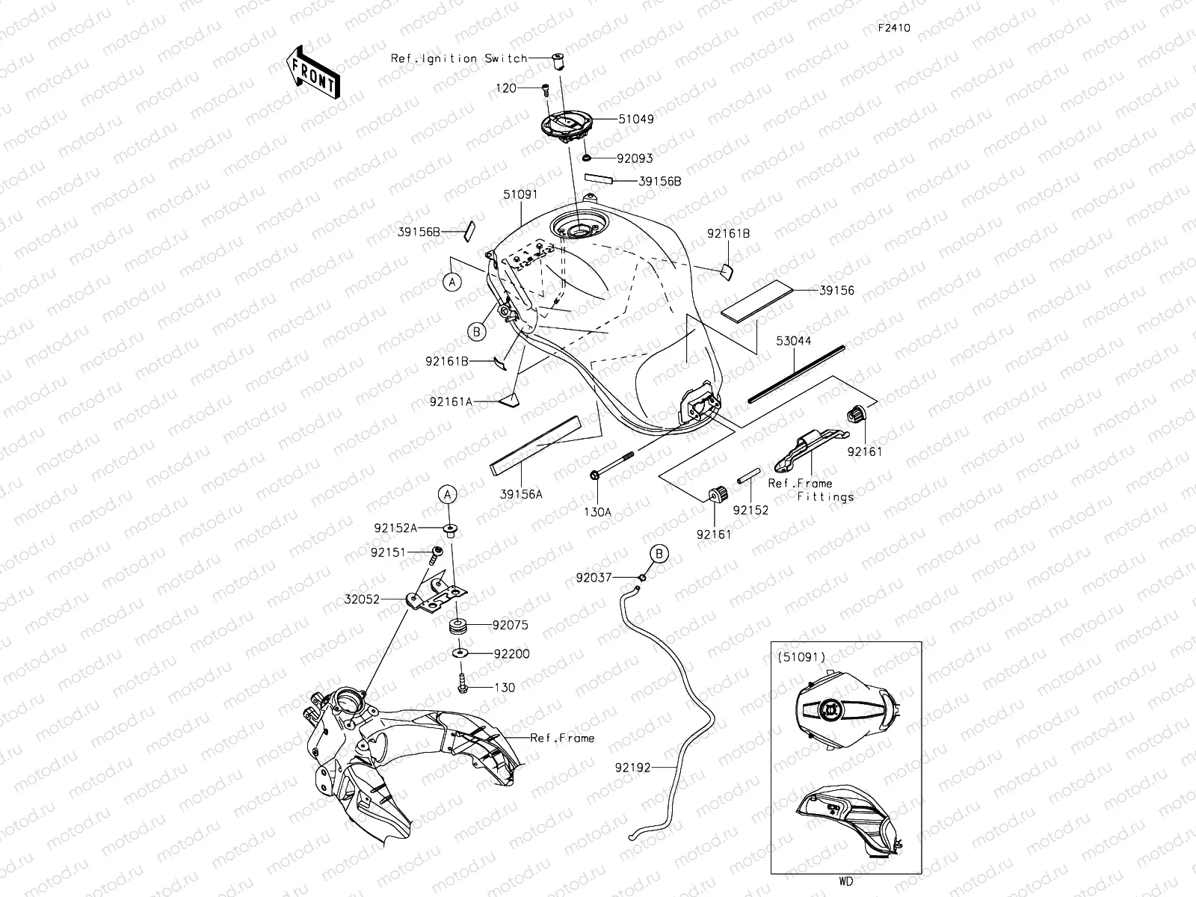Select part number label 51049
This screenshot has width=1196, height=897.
pyautogui.click(x=636, y=119)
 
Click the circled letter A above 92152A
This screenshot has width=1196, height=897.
pyautogui.click(x=447, y=494)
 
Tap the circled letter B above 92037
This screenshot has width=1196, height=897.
pyautogui.click(x=659, y=553)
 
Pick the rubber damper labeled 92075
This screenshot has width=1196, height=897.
pyautogui.click(x=457, y=626)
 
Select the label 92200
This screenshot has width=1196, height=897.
pyautogui.click(x=511, y=654)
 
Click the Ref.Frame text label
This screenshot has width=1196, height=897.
pyautogui.click(x=562, y=738)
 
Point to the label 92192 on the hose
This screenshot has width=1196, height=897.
pyautogui.click(x=634, y=767)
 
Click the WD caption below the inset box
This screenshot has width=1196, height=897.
pyautogui.click(x=845, y=881)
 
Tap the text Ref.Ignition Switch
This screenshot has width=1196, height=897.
pyautogui.click(x=459, y=58)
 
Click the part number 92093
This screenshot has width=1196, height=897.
pyautogui.click(x=635, y=158)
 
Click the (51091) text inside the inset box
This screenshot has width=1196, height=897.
pyautogui.click(x=801, y=657)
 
